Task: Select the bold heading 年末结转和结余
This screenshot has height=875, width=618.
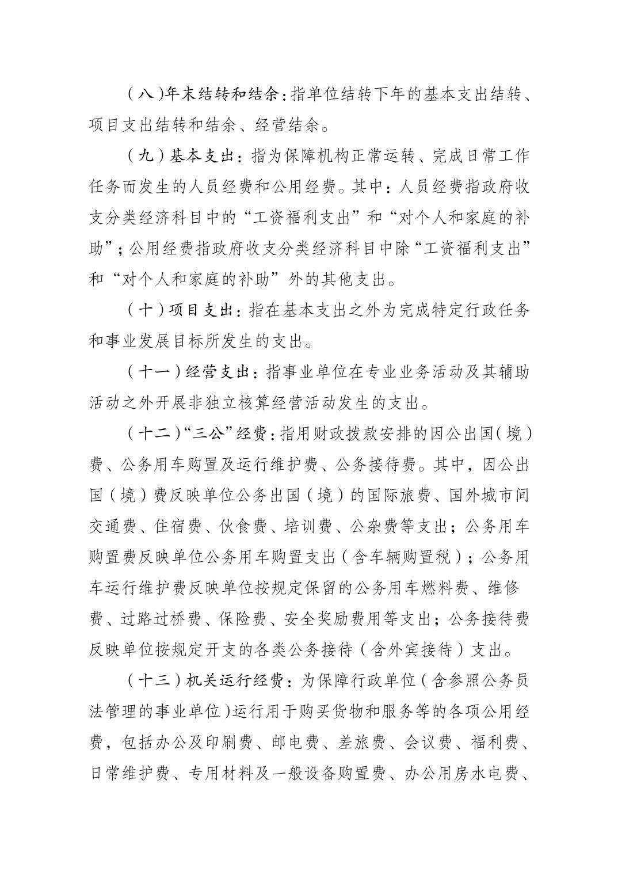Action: tap(225, 94)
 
